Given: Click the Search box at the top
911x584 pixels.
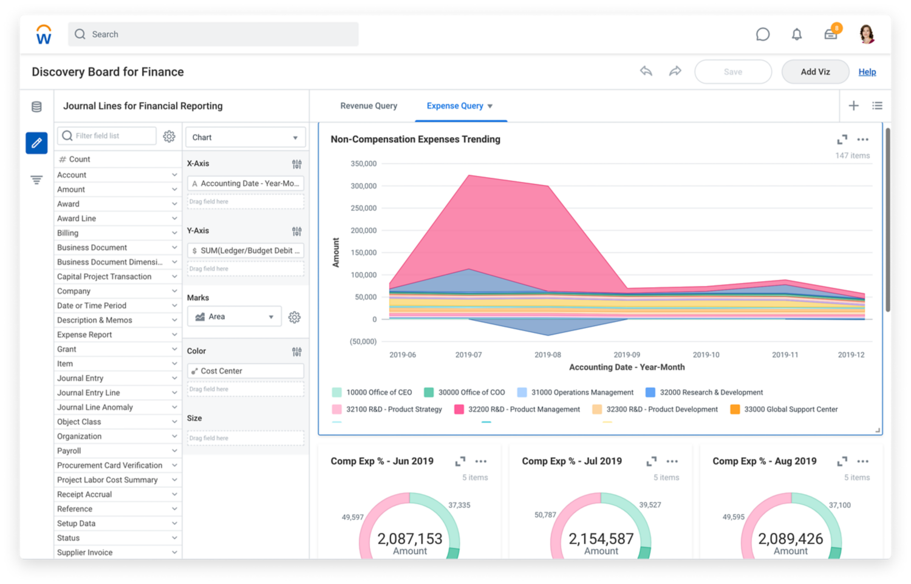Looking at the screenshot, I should point(213,35).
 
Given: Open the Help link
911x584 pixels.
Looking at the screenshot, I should point(867,72).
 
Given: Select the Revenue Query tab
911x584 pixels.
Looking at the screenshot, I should point(369,106).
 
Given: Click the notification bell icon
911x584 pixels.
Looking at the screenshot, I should point(796,35).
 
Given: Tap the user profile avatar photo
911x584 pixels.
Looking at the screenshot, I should point(867,35).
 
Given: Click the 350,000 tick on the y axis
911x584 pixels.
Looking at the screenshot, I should point(363,164).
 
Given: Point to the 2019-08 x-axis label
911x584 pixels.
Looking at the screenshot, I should point(547,355).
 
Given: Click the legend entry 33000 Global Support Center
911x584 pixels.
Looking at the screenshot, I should point(790,410).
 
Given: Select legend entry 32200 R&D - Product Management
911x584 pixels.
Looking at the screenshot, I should point(523,410).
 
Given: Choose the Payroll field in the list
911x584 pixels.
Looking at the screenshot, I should point(69,451).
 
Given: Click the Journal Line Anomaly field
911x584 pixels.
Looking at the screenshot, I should point(95,407).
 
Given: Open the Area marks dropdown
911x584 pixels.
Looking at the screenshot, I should point(234,317).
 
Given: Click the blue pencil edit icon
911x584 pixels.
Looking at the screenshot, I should point(36,143).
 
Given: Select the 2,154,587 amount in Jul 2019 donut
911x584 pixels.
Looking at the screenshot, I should point(601,538).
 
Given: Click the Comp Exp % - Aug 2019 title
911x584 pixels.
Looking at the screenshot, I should point(764,461).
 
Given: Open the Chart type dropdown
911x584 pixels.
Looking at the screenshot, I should point(245,138).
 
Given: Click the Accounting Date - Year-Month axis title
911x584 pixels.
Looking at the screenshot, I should point(626,367).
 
